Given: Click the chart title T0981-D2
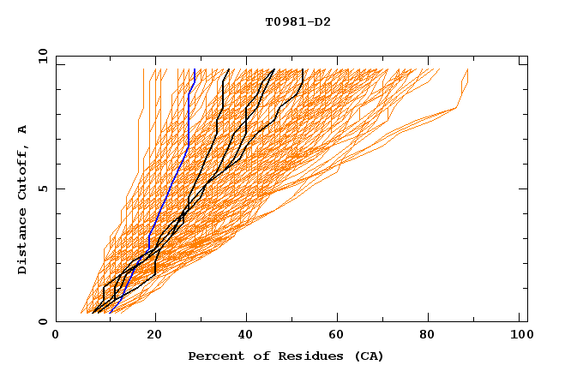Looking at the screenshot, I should point(298,21).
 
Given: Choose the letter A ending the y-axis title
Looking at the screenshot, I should point(23,129).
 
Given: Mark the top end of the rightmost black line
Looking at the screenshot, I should point(303,69).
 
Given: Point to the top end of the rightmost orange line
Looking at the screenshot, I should point(467,69).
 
